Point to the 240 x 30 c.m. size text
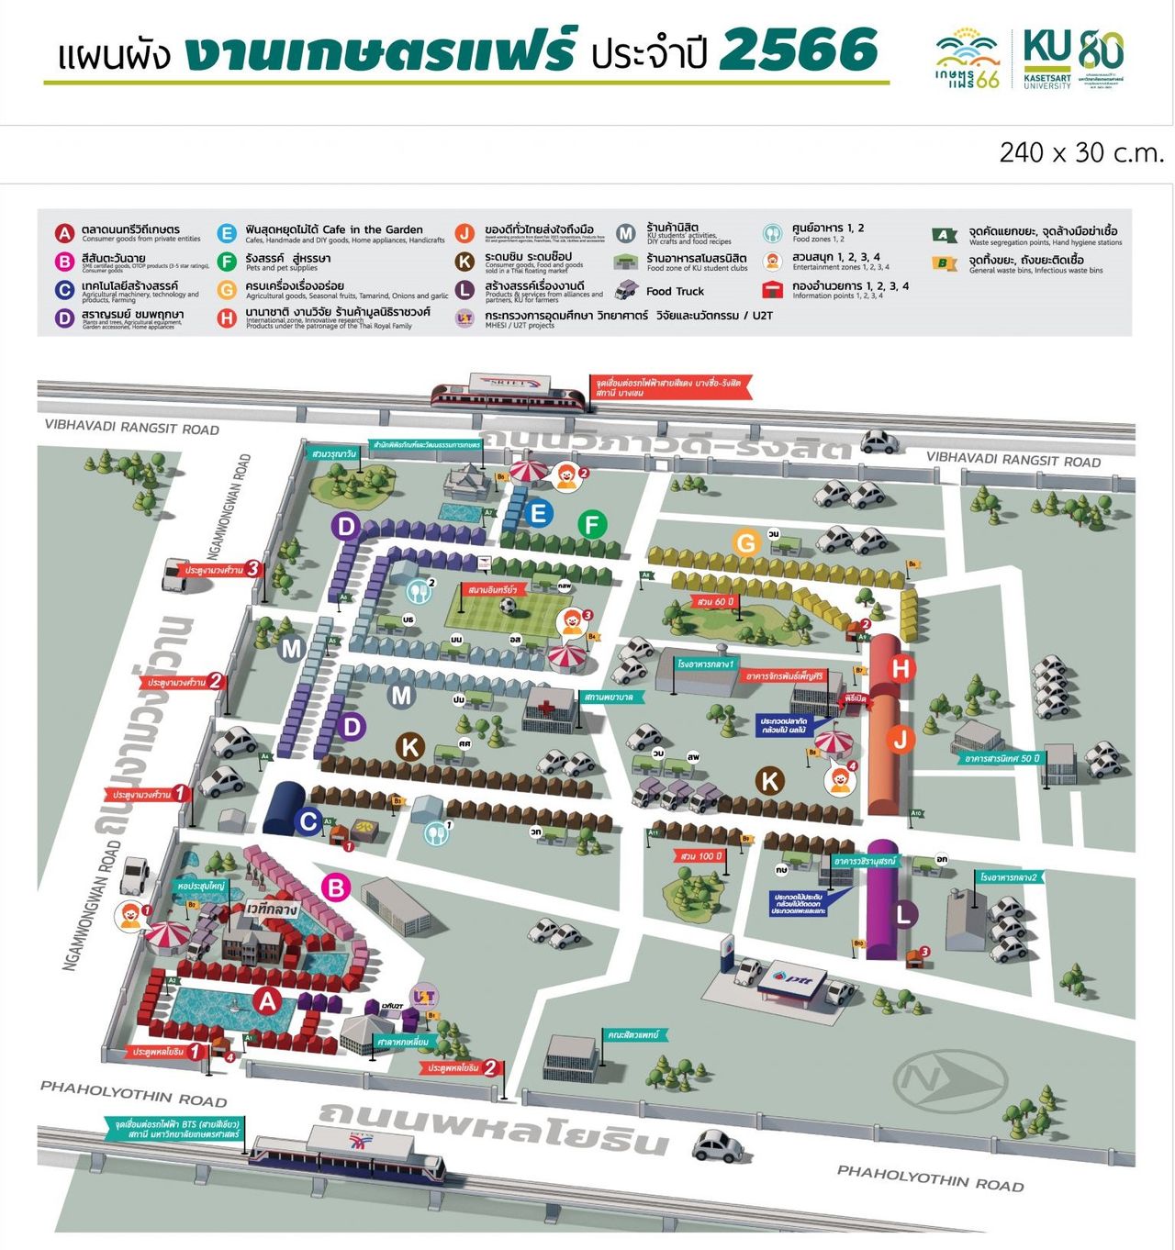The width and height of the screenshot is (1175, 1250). (x=1081, y=152)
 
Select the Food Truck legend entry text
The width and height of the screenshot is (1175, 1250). (x=675, y=291)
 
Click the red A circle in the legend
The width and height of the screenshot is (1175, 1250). (x=63, y=233)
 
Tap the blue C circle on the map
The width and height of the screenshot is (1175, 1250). (x=309, y=821)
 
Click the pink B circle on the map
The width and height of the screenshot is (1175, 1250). (x=336, y=887)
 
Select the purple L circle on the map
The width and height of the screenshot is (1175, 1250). (x=904, y=913)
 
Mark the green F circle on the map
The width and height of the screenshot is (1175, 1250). (x=592, y=525)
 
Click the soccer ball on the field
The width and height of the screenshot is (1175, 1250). (x=508, y=606)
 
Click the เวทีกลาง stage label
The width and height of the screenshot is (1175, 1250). (x=272, y=909)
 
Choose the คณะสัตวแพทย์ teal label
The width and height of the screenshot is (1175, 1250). (x=633, y=1034)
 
